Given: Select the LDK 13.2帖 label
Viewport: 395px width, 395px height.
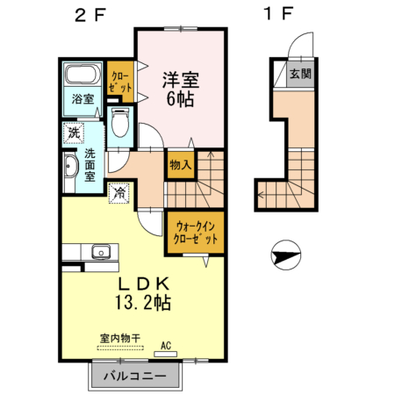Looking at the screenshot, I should click(143, 294).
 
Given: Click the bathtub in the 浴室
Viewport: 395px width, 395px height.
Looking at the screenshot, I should click(83, 77).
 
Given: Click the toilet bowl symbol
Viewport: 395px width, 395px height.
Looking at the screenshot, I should click(122, 125).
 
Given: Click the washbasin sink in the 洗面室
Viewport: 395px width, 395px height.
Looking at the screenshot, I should click(70, 166).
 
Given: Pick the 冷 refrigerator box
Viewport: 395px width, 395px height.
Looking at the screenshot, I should click(118, 191).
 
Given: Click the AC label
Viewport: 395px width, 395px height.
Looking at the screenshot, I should click(164, 346).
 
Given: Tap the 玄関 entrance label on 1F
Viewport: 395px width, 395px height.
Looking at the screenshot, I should click(299, 74).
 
